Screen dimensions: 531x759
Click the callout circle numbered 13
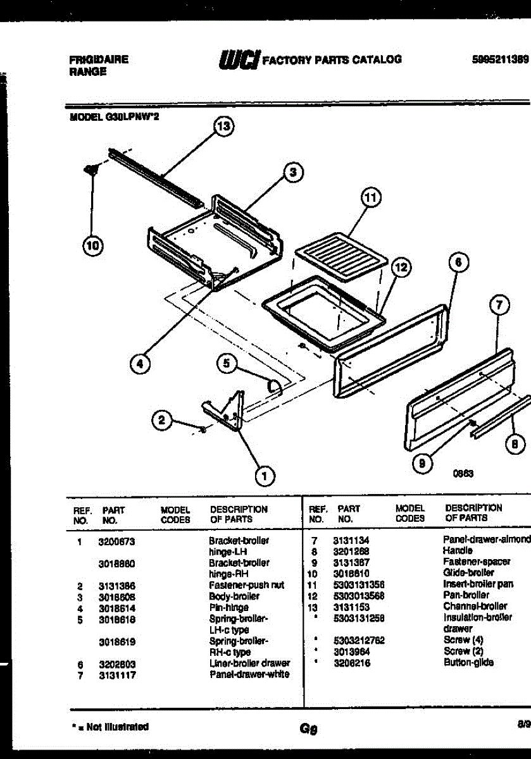(x=222, y=126)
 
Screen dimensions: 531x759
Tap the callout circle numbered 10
(x=93, y=247)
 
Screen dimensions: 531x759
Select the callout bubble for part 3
(x=292, y=171)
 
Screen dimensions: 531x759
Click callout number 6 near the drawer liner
(x=459, y=261)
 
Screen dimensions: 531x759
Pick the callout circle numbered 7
(x=499, y=306)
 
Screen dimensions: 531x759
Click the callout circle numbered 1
(x=265, y=475)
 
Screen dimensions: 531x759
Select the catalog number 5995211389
(x=500, y=59)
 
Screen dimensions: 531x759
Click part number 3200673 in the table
(x=117, y=541)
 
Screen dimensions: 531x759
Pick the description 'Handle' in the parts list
(x=458, y=551)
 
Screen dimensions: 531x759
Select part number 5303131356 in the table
(x=359, y=584)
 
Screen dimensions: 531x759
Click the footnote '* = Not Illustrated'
(x=109, y=727)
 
